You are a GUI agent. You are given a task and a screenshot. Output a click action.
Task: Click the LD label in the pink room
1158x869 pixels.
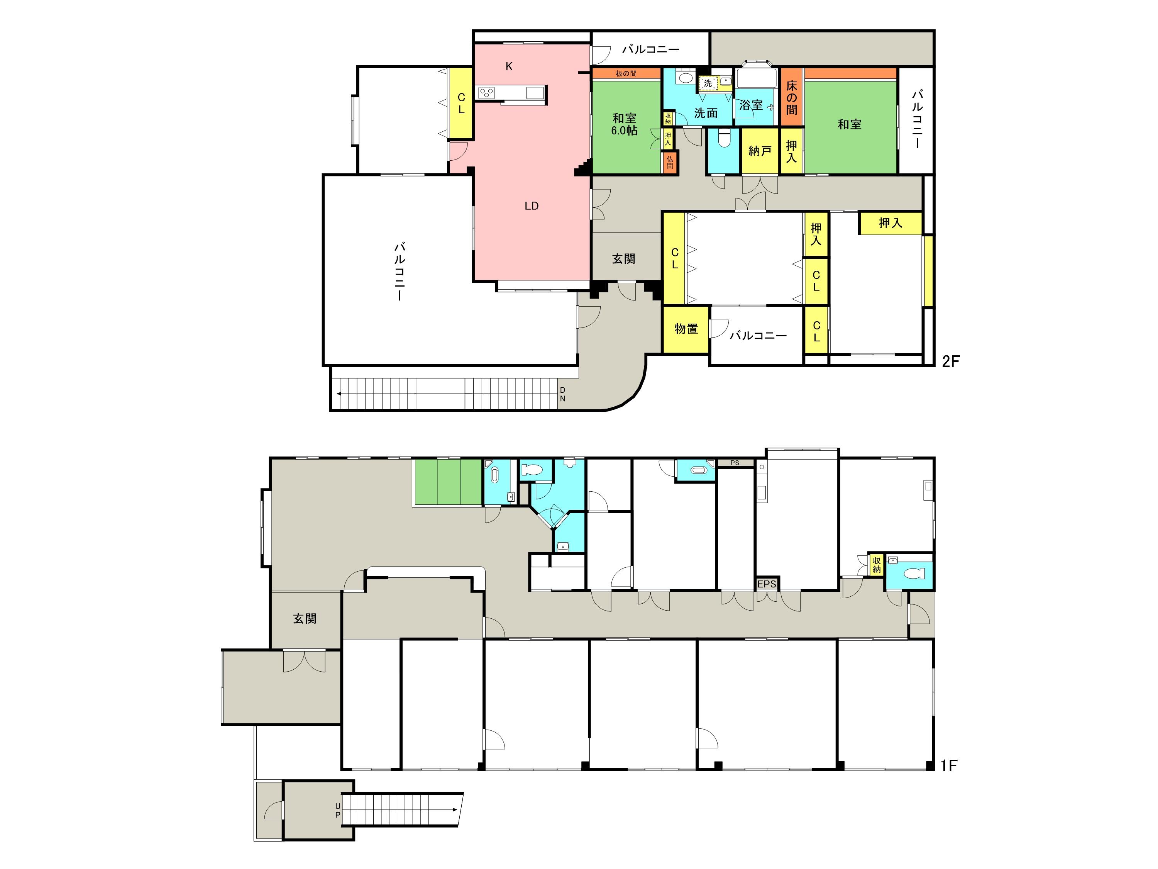(532, 206)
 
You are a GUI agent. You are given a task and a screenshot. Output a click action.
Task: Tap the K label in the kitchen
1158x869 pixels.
(509, 66)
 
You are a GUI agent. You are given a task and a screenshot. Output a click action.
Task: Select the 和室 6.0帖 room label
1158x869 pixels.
(624, 124)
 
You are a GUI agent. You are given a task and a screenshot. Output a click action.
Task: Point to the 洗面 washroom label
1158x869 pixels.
(706, 113)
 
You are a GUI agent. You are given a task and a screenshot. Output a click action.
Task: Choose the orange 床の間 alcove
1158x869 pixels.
(792, 97)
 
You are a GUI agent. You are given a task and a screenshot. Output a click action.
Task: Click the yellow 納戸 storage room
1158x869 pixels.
(760, 151)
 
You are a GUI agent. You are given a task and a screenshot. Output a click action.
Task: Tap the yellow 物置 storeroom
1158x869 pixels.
(686, 329)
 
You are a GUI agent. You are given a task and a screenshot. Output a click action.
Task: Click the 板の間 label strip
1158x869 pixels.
(626, 73)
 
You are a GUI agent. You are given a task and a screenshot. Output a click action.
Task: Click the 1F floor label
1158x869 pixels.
(949, 766)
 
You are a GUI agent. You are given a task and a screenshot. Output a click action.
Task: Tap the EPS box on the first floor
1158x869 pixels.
(767, 584)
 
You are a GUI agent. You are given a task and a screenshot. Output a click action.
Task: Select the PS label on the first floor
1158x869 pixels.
(735, 463)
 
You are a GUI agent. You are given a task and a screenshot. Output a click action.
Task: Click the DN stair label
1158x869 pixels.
(563, 394)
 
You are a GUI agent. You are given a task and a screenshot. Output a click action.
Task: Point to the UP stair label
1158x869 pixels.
(338, 810)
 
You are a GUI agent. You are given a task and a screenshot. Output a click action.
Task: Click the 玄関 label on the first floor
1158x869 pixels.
(305, 619)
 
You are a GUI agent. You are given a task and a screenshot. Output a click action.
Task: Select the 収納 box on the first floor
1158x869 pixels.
(876, 565)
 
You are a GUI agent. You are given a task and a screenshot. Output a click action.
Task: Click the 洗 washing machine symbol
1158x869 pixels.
(708, 83)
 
